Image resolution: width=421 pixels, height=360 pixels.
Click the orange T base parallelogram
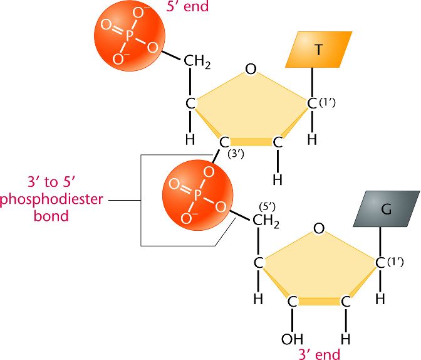tap(317, 50)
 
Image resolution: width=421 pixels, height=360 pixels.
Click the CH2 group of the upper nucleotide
tap(197, 62)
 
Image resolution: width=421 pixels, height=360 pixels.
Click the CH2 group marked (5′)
tap(266, 221)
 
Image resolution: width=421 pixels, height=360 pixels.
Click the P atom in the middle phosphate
tap(197, 196)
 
